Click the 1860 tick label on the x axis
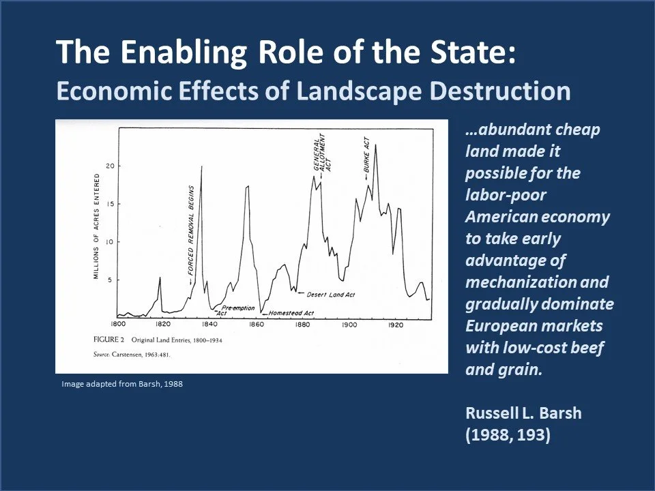[x=256, y=325]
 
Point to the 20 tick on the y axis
[x=109, y=166]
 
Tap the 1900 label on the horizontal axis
[x=348, y=325]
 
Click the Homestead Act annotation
[x=291, y=314]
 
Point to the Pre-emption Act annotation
[x=234, y=310]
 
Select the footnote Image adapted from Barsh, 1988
[x=122, y=384]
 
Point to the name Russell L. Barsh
[x=523, y=413]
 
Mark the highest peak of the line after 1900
[x=375, y=145]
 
